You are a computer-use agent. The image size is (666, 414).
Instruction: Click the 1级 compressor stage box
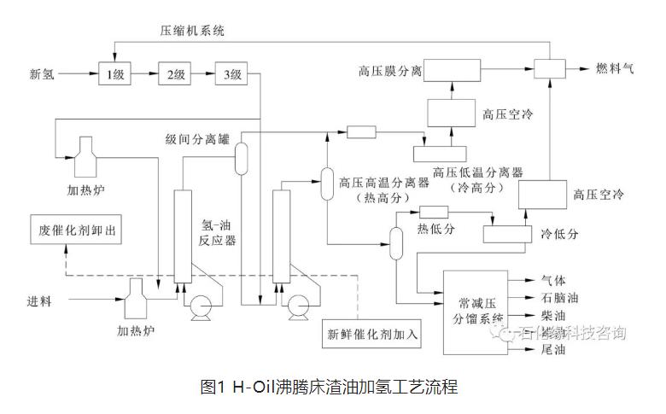point(114,74)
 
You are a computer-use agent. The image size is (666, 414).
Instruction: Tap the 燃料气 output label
point(616,67)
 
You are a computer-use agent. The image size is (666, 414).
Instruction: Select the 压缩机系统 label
point(192,31)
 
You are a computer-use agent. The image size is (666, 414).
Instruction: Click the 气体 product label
point(553,280)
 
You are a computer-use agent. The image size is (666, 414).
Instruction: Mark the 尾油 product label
point(553,350)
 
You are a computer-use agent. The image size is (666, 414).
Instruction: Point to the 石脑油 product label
point(559,298)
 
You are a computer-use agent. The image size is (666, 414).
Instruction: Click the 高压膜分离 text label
point(390,68)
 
